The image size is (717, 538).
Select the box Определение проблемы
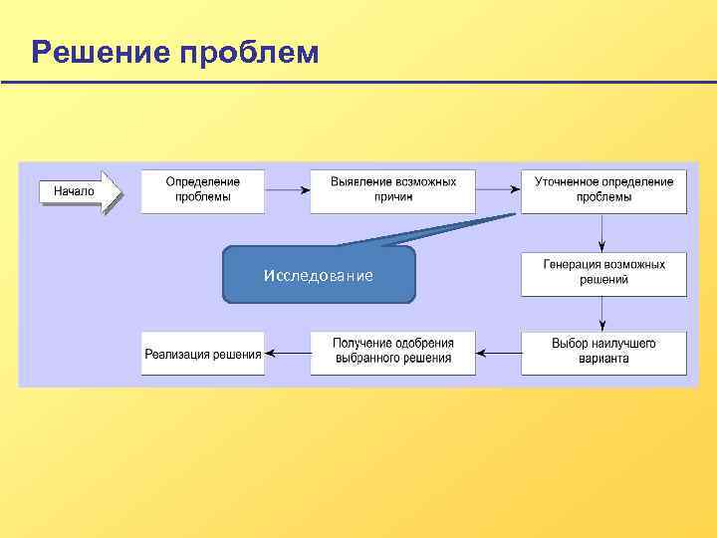click(203, 190)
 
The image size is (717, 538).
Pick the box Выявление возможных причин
click(392, 190)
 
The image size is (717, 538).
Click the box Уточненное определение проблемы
click(603, 190)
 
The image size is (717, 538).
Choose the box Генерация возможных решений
click(603, 273)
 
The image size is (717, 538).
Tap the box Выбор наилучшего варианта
click(603, 352)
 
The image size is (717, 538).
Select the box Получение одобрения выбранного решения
click(392, 352)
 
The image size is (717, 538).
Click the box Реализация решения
click(203, 353)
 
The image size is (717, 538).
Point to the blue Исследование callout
click(319, 275)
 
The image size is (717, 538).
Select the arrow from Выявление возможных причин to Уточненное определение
click(498, 189)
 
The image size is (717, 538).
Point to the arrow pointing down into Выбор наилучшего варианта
click(603, 314)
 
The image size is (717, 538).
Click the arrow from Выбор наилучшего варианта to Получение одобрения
click(498, 352)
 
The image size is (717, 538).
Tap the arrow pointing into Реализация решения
click(287, 352)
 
